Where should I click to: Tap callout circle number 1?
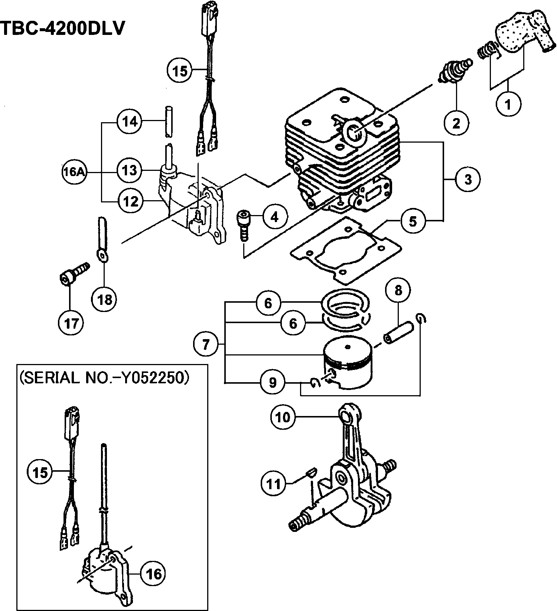tap(508, 104)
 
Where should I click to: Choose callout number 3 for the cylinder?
tap(468, 179)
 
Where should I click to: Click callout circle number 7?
tap(205, 344)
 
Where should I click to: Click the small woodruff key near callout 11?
tap(311, 473)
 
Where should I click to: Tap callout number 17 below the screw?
tap(71, 324)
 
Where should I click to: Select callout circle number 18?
tap(104, 299)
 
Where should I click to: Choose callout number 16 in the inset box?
tap(153, 574)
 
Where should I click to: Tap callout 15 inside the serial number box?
tap(40, 472)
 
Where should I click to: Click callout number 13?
tap(130, 170)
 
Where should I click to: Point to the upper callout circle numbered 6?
tap(268, 303)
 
